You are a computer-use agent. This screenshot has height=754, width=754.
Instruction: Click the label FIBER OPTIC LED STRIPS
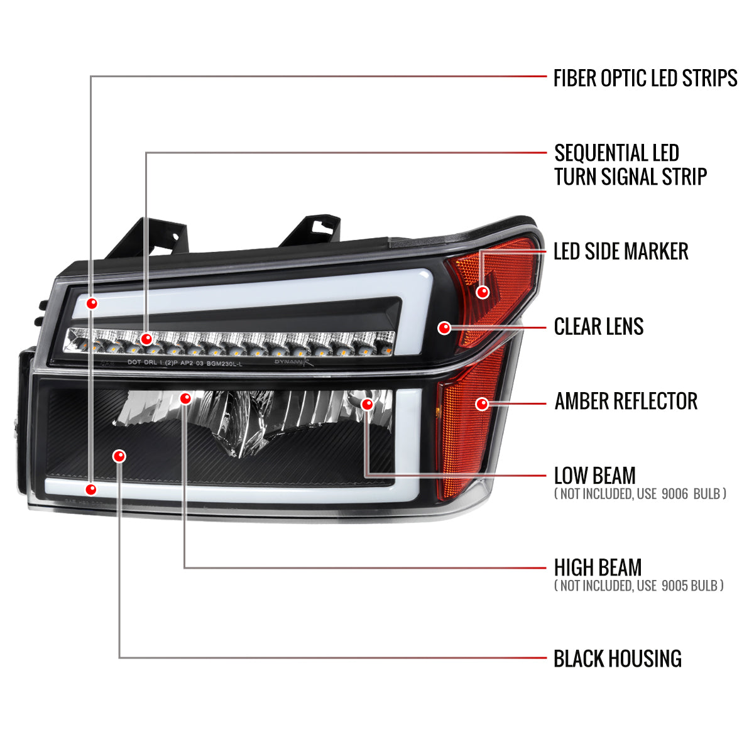tap(645, 78)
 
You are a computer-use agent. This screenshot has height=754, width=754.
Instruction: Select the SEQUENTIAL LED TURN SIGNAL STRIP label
tap(630, 165)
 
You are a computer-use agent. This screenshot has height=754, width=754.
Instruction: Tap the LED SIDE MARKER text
tap(621, 251)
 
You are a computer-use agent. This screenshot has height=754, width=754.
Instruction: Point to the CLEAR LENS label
tap(599, 326)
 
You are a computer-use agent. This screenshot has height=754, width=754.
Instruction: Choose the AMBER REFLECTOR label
tap(626, 401)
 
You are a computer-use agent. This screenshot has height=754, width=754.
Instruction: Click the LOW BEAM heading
tap(595, 476)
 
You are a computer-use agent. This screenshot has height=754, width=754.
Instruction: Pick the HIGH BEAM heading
tap(598, 567)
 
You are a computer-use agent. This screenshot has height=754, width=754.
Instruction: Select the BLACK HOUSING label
tap(618, 658)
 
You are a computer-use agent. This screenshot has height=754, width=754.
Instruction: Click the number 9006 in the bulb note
tap(675, 494)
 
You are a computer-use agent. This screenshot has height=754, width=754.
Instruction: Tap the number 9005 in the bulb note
tap(675, 586)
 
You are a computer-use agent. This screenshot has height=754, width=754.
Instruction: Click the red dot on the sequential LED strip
tap(146, 339)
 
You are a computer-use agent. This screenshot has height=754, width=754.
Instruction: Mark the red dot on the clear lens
tap(444, 327)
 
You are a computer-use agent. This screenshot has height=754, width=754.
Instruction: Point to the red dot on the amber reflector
tap(482, 404)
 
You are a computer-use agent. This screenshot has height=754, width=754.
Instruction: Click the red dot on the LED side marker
tap(483, 292)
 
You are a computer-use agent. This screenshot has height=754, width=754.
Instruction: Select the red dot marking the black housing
tap(119, 456)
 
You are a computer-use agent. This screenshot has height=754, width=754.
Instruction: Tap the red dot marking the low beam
tap(368, 404)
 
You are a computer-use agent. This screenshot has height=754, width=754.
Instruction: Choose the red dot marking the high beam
tap(185, 398)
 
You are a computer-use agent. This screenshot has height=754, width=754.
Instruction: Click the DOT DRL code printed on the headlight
tap(185, 363)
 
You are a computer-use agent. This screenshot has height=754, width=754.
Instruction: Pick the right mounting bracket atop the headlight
tap(311, 230)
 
